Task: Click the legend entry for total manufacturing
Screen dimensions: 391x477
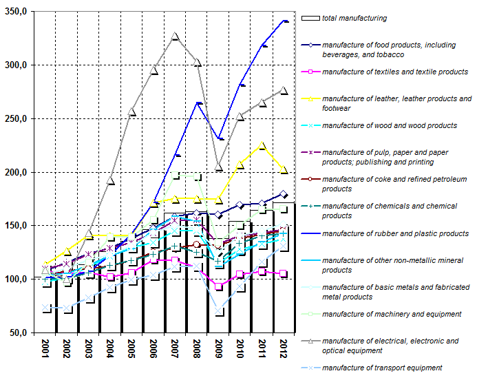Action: [x=354, y=19]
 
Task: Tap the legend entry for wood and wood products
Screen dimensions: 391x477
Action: [x=389, y=125]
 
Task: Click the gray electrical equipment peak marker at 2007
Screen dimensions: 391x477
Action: [x=175, y=36]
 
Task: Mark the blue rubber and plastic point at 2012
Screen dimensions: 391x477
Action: [x=285, y=21]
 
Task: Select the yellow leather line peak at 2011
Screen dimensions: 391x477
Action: [x=262, y=145]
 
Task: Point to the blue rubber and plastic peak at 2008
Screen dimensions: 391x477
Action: [x=198, y=103]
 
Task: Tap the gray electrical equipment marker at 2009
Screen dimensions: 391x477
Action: [x=219, y=167]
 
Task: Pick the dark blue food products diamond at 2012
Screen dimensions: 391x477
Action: [x=283, y=194]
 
